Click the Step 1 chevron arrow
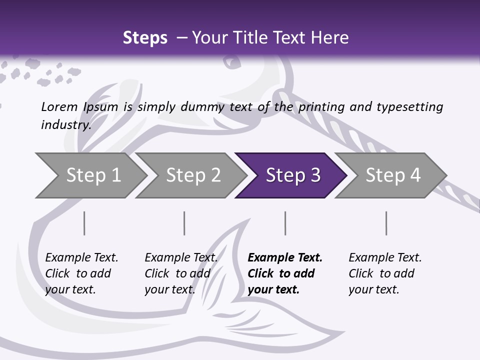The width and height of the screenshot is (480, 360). point(92,175)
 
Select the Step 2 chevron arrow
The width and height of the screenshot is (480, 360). point(192,175)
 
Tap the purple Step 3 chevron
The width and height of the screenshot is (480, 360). point(292,175)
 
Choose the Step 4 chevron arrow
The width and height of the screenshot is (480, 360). point(392,175)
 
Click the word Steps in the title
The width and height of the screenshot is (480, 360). point(145,38)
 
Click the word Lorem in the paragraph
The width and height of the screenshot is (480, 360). point(59,106)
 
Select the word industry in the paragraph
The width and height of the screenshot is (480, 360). point(66,124)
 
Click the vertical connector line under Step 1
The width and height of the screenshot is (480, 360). point(84,223)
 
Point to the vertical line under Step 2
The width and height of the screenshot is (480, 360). point(184,223)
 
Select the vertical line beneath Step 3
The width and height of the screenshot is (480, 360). point(285,223)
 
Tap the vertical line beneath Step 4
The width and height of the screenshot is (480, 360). point(386,223)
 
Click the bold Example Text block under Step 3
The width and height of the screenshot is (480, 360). point(284,273)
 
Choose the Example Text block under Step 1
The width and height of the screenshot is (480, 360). point(81,273)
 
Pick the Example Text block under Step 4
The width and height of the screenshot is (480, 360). point(385,273)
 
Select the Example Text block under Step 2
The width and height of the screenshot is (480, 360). point(181,273)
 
